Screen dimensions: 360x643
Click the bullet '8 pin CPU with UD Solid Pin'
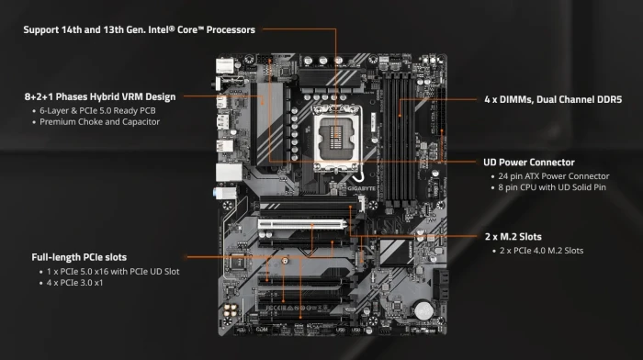pos(552,188)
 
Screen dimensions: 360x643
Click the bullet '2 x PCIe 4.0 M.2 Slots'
pos(542,251)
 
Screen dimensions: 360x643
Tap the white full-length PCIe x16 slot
pos(302,223)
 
